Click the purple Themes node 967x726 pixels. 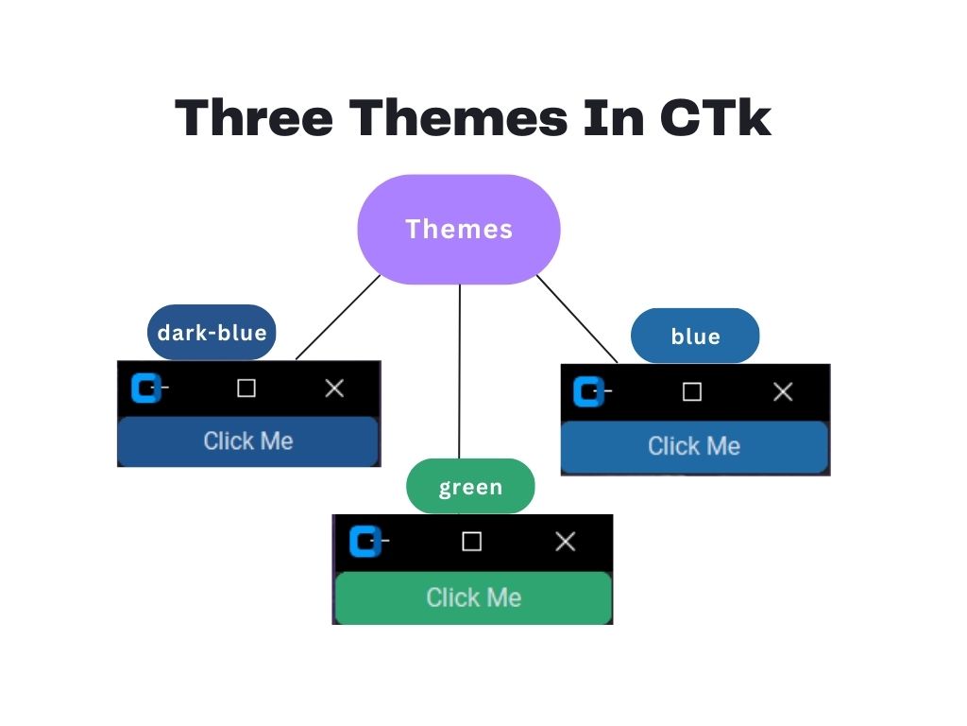click(459, 229)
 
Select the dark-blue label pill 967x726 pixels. click(212, 332)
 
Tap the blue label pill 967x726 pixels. click(695, 336)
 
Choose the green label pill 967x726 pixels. click(470, 487)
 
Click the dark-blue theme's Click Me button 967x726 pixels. click(247, 441)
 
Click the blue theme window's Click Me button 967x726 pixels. click(694, 446)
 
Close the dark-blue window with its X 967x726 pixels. click(334, 389)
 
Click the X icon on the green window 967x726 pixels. click(565, 542)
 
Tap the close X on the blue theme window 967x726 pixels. click(783, 391)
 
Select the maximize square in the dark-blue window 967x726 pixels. click(246, 389)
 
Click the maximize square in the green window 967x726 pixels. click(471, 542)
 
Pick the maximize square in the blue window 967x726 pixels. click(692, 391)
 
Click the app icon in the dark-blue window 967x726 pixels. click(145, 388)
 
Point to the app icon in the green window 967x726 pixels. click(365, 542)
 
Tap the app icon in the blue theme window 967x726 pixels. click(589, 391)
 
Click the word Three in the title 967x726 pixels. click(254, 119)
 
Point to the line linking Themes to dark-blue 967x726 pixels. click(337, 318)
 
